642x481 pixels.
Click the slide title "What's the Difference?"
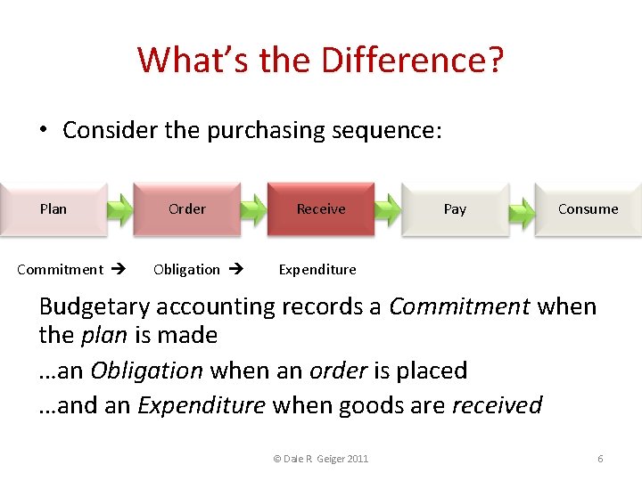point(321,61)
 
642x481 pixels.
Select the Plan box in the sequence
point(53,209)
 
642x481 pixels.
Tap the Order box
point(187,209)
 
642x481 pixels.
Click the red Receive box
point(321,209)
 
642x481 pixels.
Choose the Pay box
point(455,209)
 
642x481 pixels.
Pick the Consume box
point(588,209)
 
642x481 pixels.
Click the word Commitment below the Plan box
point(60,269)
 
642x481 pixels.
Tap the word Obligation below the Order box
point(186,269)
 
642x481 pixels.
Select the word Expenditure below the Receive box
point(317,269)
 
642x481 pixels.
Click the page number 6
point(600,459)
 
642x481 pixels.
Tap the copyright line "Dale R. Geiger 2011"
point(321,459)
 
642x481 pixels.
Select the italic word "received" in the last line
point(497,405)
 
